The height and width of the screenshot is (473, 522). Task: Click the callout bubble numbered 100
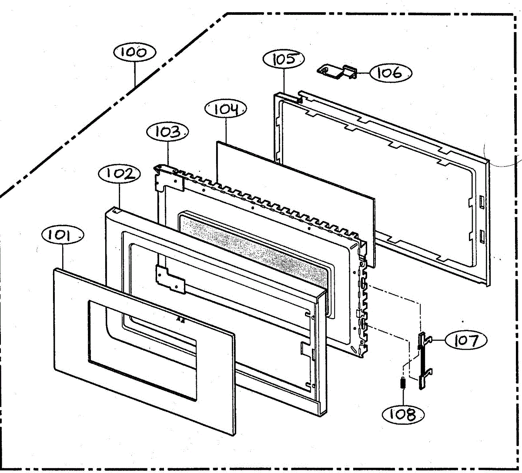click(x=134, y=53)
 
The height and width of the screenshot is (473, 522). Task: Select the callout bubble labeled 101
click(x=63, y=235)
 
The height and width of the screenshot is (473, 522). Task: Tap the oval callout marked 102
click(x=120, y=174)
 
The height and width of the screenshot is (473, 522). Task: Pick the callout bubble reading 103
click(x=167, y=131)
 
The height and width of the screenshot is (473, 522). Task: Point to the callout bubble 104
click(x=226, y=109)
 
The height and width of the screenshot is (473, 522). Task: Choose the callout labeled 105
click(x=284, y=59)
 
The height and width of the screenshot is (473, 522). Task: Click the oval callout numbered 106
click(x=390, y=73)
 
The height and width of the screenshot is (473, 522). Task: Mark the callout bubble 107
click(x=465, y=340)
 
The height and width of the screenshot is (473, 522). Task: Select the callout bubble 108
click(x=403, y=414)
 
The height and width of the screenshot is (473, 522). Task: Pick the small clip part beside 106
click(x=338, y=72)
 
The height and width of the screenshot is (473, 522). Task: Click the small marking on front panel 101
click(x=178, y=319)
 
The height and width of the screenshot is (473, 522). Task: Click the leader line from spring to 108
click(x=403, y=399)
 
